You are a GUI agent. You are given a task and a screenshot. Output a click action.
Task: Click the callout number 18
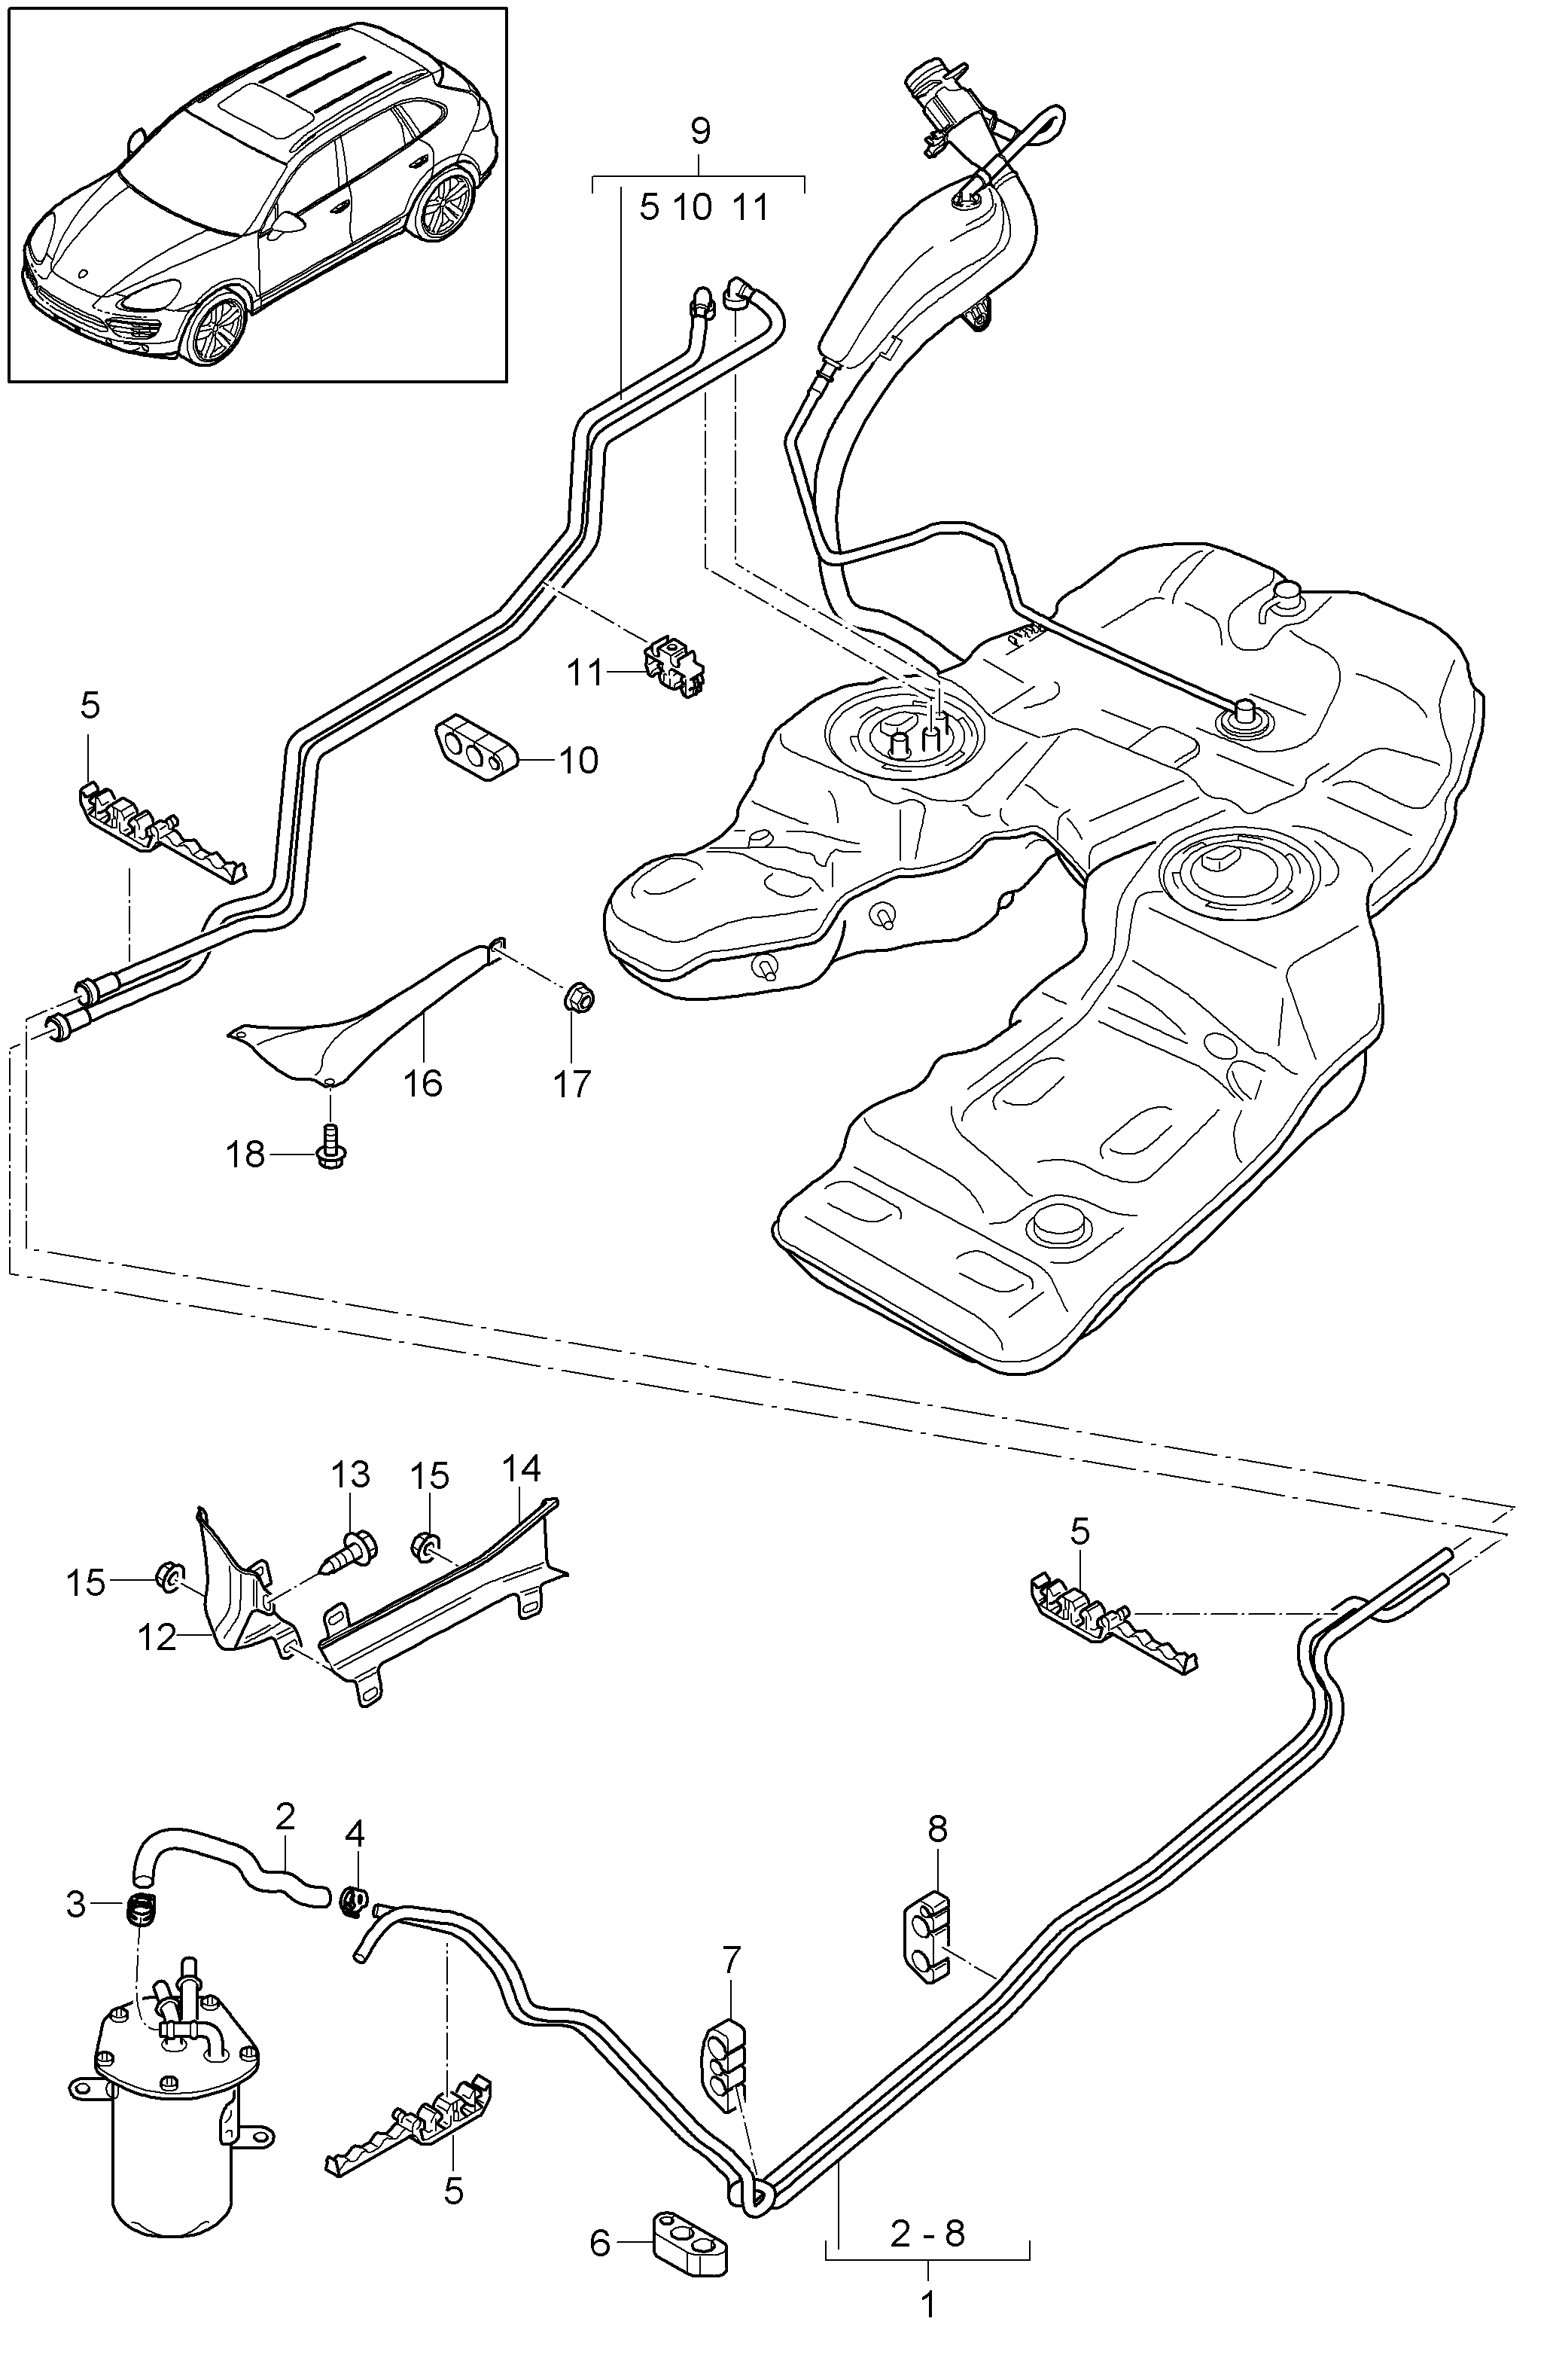click(x=245, y=1155)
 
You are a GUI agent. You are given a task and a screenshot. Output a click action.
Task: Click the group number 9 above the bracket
click(x=700, y=130)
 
